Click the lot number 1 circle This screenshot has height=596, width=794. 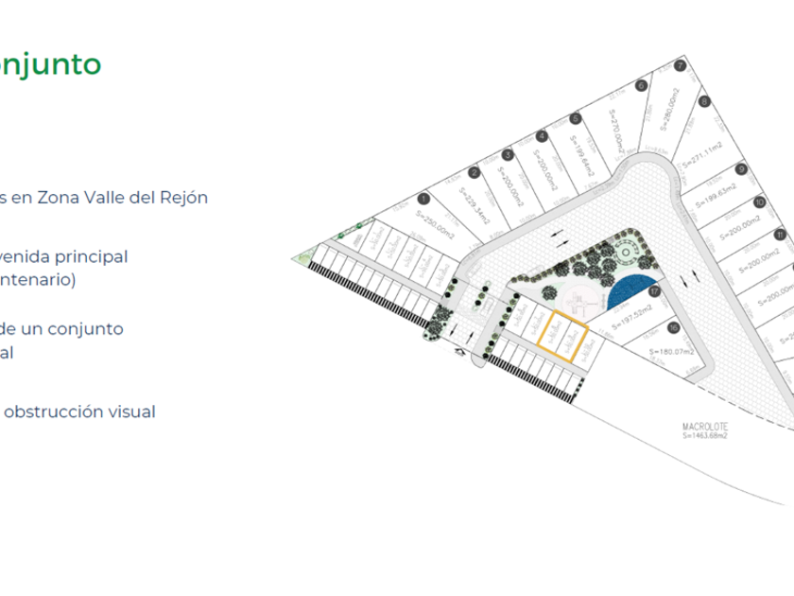424,199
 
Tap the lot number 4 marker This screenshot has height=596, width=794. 541,137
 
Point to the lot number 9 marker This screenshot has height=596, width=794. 742,169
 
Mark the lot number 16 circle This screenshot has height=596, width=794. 673,327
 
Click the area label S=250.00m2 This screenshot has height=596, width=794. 436,223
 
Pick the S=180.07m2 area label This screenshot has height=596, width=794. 672,352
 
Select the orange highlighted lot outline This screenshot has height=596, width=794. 562,336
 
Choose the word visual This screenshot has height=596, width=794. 130,412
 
